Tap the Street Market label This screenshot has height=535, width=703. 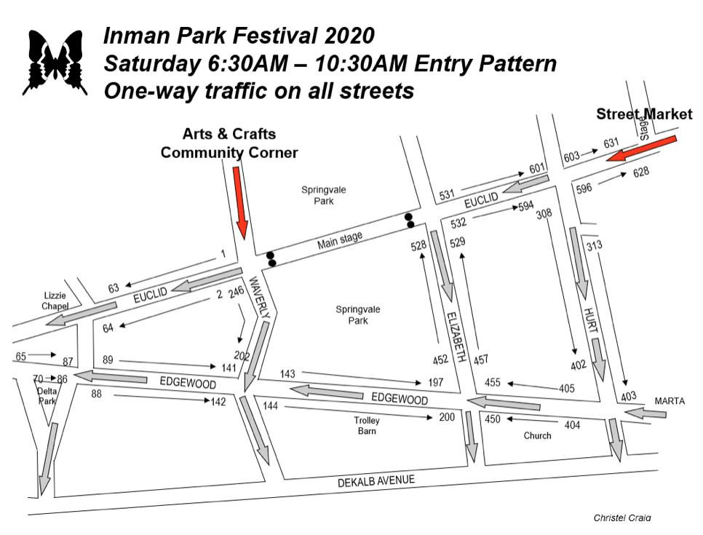pyautogui.click(x=644, y=114)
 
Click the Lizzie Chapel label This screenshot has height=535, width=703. pyautogui.click(x=55, y=301)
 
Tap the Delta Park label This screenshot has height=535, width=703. pyautogui.click(x=47, y=396)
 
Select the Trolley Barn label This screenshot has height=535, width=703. pyautogui.click(x=367, y=425)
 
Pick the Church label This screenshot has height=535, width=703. pyautogui.click(x=538, y=435)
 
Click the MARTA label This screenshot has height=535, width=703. pyautogui.click(x=670, y=401)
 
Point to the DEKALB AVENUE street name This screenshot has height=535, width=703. pyautogui.click(x=376, y=481)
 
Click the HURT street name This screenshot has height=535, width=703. pyautogui.click(x=590, y=320)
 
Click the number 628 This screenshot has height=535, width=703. pyautogui.click(x=641, y=173)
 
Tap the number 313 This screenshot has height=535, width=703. pyautogui.click(x=595, y=246)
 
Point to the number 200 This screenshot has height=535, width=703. pyautogui.click(x=447, y=417)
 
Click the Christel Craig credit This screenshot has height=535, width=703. pyautogui.click(x=622, y=518)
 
